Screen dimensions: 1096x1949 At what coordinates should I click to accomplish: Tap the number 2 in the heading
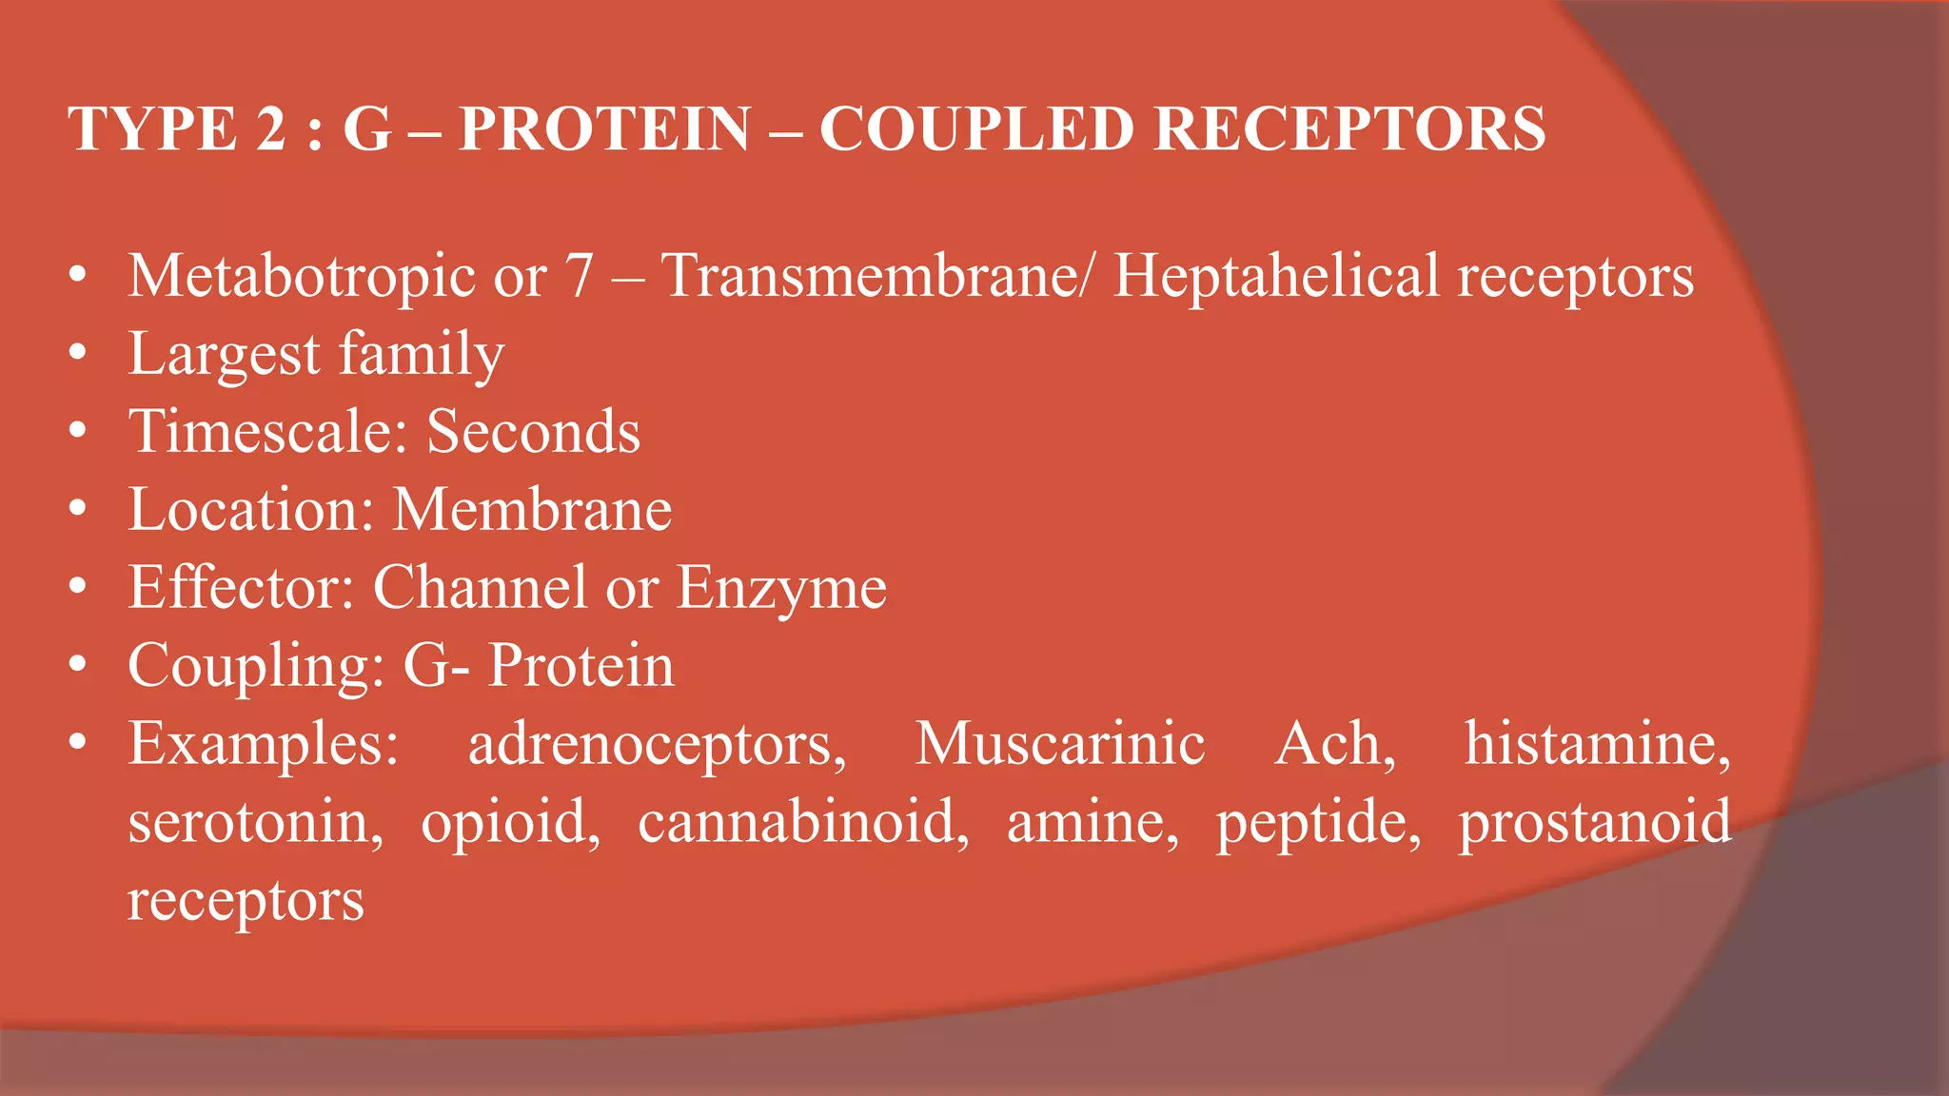click(x=270, y=129)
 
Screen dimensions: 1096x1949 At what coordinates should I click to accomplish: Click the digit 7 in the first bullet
click(x=580, y=277)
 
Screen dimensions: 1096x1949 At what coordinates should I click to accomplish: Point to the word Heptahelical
click(x=1276, y=277)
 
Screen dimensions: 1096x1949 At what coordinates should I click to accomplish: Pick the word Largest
click(x=225, y=355)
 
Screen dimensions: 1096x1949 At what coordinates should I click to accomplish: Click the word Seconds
click(x=533, y=432)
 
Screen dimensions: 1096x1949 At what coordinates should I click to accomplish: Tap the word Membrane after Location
click(x=532, y=510)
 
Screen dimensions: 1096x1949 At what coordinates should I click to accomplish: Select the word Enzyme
click(x=781, y=588)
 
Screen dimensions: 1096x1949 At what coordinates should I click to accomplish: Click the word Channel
click(x=480, y=588)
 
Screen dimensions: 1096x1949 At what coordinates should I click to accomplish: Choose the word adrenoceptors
click(x=657, y=744)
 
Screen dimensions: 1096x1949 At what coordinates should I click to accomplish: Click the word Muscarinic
click(x=1060, y=744)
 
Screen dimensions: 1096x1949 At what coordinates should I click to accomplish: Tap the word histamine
click(x=1597, y=744)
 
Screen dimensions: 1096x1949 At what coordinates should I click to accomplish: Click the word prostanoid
click(x=1595, y=822)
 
